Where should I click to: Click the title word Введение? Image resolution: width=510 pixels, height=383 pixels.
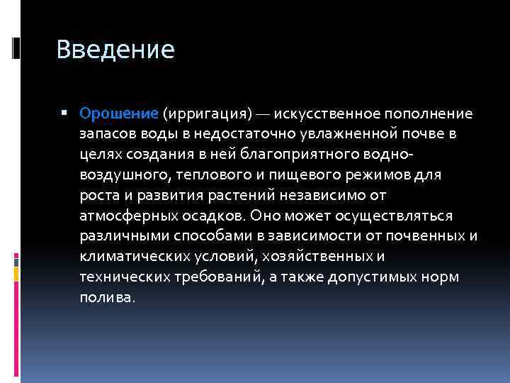[115, 50]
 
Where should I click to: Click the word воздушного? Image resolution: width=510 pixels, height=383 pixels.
[118, 174]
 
